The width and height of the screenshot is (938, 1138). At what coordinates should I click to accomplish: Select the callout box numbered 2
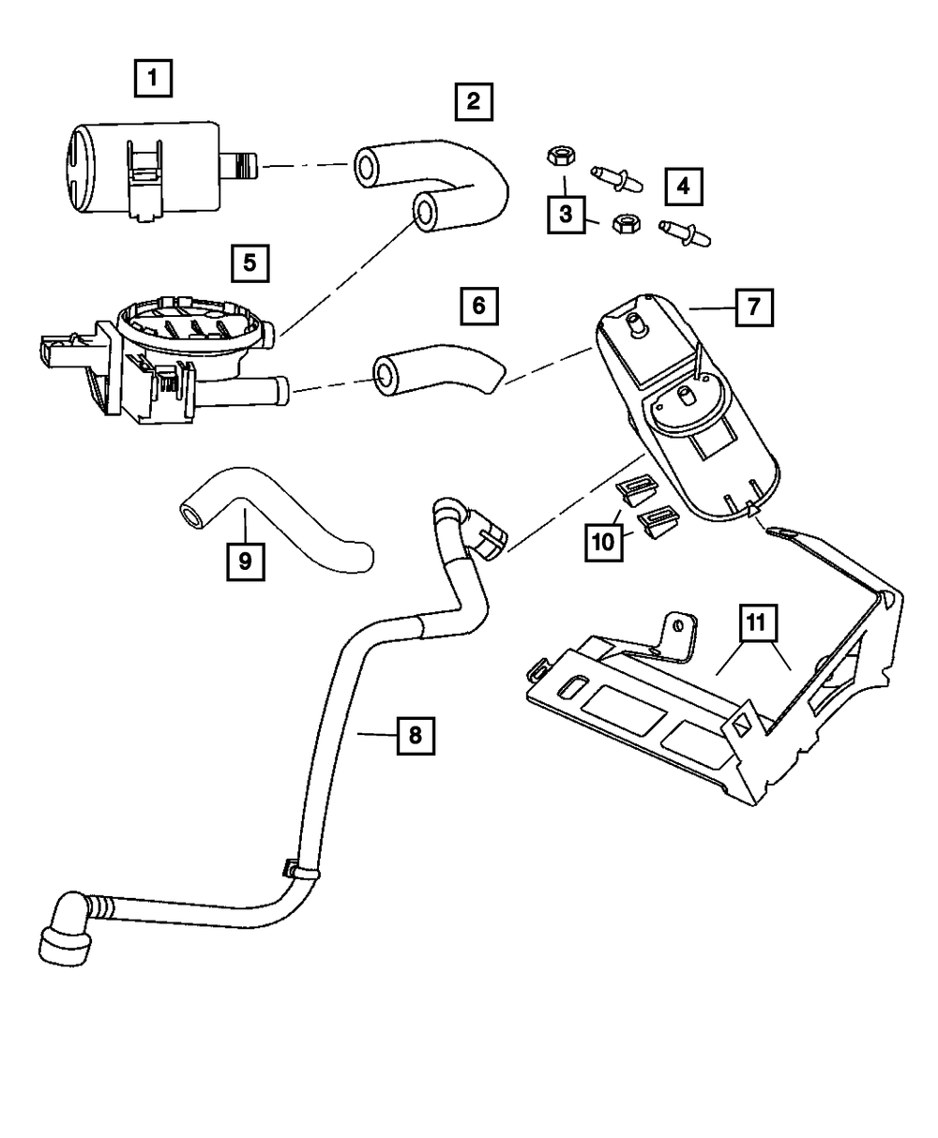point(474,101)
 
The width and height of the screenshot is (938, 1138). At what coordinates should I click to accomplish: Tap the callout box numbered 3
point(566,214)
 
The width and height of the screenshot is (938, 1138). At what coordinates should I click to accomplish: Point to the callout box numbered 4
point(684,187)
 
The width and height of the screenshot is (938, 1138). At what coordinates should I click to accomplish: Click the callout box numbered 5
point(250,263)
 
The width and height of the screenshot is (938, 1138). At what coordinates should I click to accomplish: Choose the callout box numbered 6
point(478,306)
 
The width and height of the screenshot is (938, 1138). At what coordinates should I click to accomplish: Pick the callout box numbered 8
point(416,735)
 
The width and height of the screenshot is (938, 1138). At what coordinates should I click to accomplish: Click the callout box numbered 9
point(245,561)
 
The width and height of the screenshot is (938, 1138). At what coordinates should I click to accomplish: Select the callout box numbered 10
point(603,542)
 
